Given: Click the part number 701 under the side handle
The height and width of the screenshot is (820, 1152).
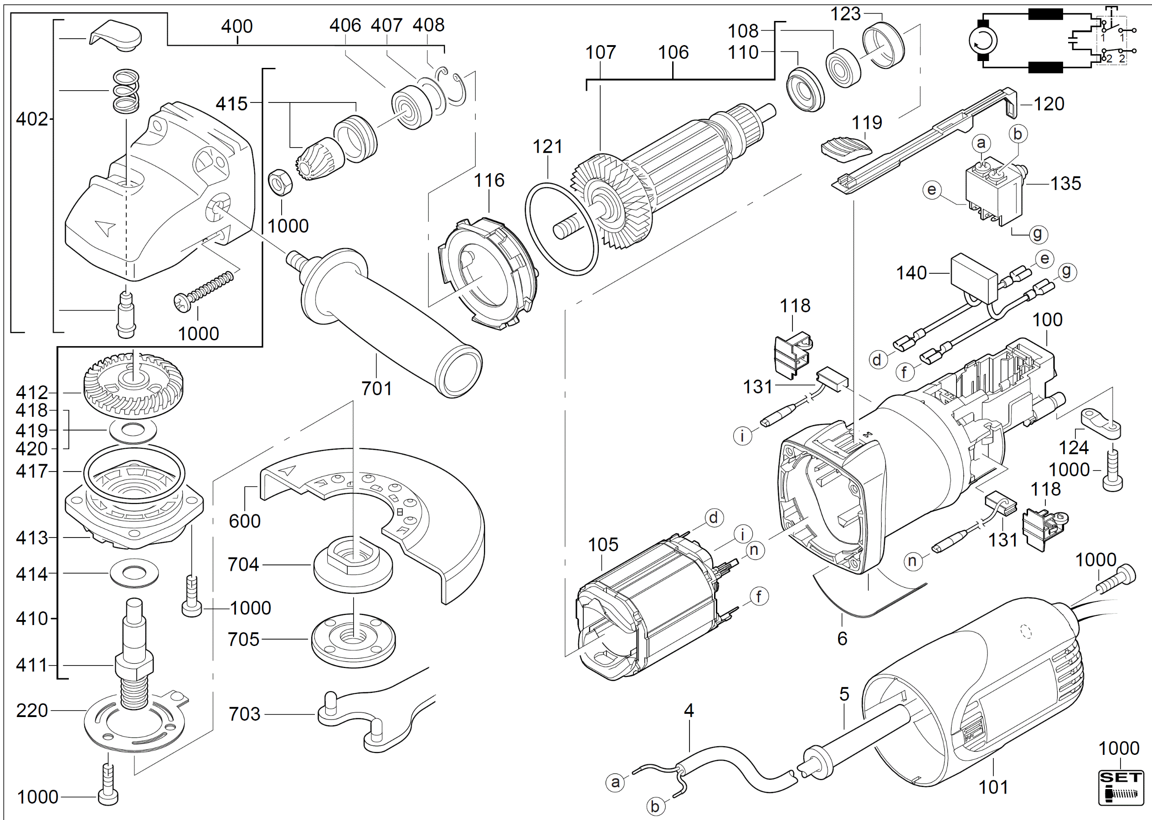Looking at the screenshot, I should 377,388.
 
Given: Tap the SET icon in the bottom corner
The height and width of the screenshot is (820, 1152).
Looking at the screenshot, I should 1121,787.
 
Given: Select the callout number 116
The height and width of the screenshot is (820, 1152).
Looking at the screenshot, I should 489,180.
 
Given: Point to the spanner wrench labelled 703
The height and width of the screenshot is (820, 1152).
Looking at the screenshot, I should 374,717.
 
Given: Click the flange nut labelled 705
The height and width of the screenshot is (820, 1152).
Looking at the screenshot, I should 353,640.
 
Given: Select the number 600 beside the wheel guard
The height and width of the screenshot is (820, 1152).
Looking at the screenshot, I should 244,521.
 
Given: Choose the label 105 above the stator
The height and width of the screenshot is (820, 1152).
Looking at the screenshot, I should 603,544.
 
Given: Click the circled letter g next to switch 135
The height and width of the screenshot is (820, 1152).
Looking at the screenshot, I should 1037,234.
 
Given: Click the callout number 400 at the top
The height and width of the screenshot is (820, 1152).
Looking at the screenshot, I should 237,26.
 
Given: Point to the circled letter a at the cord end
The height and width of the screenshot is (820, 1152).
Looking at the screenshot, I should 615,782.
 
